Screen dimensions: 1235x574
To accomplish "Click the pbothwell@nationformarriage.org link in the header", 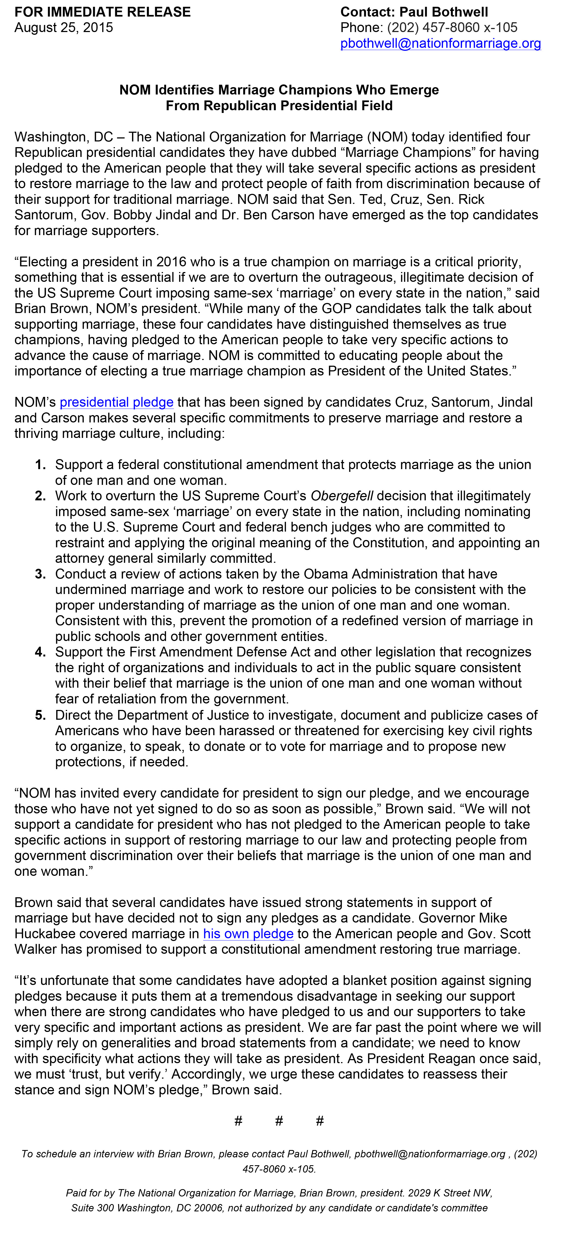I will pyautogui.click(x=440, y=44).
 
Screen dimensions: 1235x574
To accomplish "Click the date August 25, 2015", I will pyautogui.click(x=64, y=28).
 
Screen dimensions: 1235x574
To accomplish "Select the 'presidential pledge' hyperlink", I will pyautogui.click(x=117, y=402).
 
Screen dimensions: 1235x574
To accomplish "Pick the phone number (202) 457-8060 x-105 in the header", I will pyautogui.click(x=452, y=28).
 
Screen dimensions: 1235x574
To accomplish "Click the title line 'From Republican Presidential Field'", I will pyautogui.click(x=279, y=106).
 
